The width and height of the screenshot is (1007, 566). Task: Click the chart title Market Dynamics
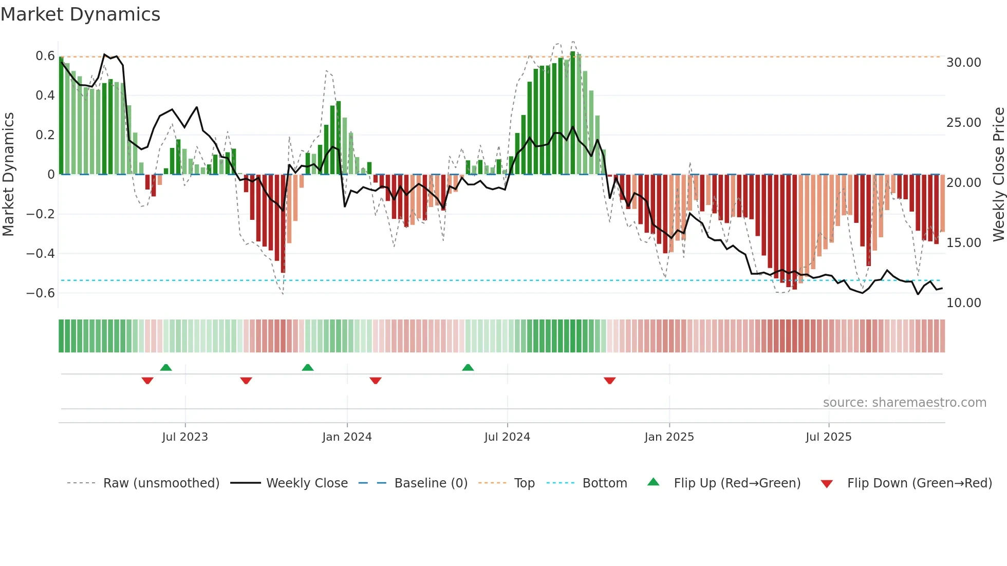point(81,14)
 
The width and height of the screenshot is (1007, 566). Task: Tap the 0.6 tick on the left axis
point(45,55)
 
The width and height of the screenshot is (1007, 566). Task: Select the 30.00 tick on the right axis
point(964,63)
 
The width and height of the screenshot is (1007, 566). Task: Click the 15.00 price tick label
point(964,242)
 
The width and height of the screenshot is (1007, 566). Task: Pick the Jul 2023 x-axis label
point(185,437)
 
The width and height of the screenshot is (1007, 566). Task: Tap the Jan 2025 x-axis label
point(669,437)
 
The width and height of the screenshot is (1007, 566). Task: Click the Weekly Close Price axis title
point(998,174)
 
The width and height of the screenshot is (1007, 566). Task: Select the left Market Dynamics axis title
point(8,174)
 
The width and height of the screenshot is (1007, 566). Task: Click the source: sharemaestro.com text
point(904,403)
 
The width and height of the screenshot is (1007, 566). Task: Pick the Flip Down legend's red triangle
point(827,484)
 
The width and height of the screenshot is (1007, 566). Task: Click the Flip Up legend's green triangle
point(653,482)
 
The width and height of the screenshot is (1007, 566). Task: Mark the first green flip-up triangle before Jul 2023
point(165,368)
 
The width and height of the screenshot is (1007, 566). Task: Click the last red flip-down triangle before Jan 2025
point(610,381)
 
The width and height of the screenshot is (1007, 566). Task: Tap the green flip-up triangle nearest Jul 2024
point(468,368)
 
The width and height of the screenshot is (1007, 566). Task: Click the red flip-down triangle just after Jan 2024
point(376,381)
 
